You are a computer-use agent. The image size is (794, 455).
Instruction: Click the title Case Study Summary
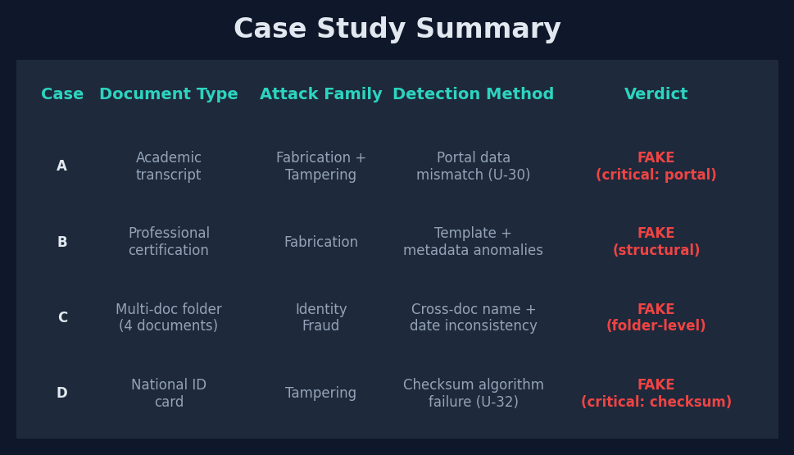[x=397, y=30]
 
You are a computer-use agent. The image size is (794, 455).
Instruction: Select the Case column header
[x=62, y=94]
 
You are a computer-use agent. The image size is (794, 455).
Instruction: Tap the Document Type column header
[x=169, y=94]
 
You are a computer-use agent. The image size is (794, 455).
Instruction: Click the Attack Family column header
[x=320, y=94]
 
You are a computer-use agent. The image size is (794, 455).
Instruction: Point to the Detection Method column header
[x=473, y=94]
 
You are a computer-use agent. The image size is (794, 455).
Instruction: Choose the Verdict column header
[x=656, y=94]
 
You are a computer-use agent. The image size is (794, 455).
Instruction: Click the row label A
[x=62, y=166]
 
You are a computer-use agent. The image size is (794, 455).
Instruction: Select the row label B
[x=62, y=243]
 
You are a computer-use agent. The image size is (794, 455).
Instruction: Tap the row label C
[x=62, y=318]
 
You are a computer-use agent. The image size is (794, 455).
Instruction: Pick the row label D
[x=62, y=394]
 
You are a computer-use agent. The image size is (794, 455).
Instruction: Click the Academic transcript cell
[x=169, y=166]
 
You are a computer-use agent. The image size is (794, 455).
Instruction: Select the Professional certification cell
[x=169, y=243]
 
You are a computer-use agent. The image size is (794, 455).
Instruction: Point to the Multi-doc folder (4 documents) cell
[x=169, y=318]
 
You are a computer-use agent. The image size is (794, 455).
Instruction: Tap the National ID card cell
[x=169, y=394]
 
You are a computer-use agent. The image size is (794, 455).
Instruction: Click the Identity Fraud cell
[x=320, y=318]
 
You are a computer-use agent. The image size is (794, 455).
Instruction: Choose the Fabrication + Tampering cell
[x=320, y=166]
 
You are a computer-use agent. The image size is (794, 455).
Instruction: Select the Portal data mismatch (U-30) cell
[x=473, y=166]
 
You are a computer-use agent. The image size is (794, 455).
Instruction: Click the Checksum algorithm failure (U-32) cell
[x=473, y=394]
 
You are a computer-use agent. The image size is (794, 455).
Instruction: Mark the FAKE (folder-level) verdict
[x=656, y=318]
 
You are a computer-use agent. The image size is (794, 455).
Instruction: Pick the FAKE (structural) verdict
[x=656, y=243]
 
